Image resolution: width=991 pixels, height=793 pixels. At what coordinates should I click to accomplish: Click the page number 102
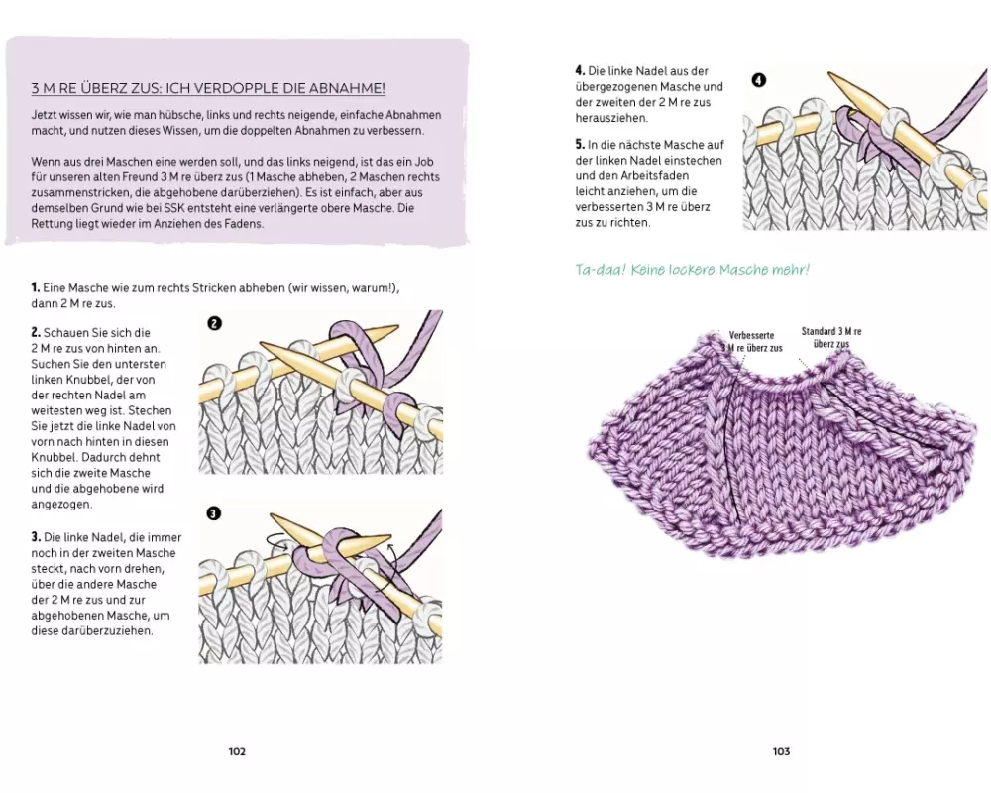click(x=237, y=752)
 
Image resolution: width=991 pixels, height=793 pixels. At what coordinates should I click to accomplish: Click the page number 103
click(x=781, y=752)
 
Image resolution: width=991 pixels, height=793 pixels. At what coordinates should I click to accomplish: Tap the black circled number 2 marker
click(x=214, y=323)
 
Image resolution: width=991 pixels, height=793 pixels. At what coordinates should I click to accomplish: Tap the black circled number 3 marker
click(x=214, y=513)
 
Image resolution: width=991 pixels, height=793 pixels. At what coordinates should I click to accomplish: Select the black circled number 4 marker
click(x=758, y=80)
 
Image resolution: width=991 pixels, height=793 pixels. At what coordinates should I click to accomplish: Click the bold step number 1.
click(x=35, y=287)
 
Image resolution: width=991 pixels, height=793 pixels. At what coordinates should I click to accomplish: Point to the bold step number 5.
click(x=580, y=145)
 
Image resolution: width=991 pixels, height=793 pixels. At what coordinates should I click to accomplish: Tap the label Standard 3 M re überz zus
click(x=830, y=336)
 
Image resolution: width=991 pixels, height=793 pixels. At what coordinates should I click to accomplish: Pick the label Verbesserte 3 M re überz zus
click(x=755, y=342)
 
